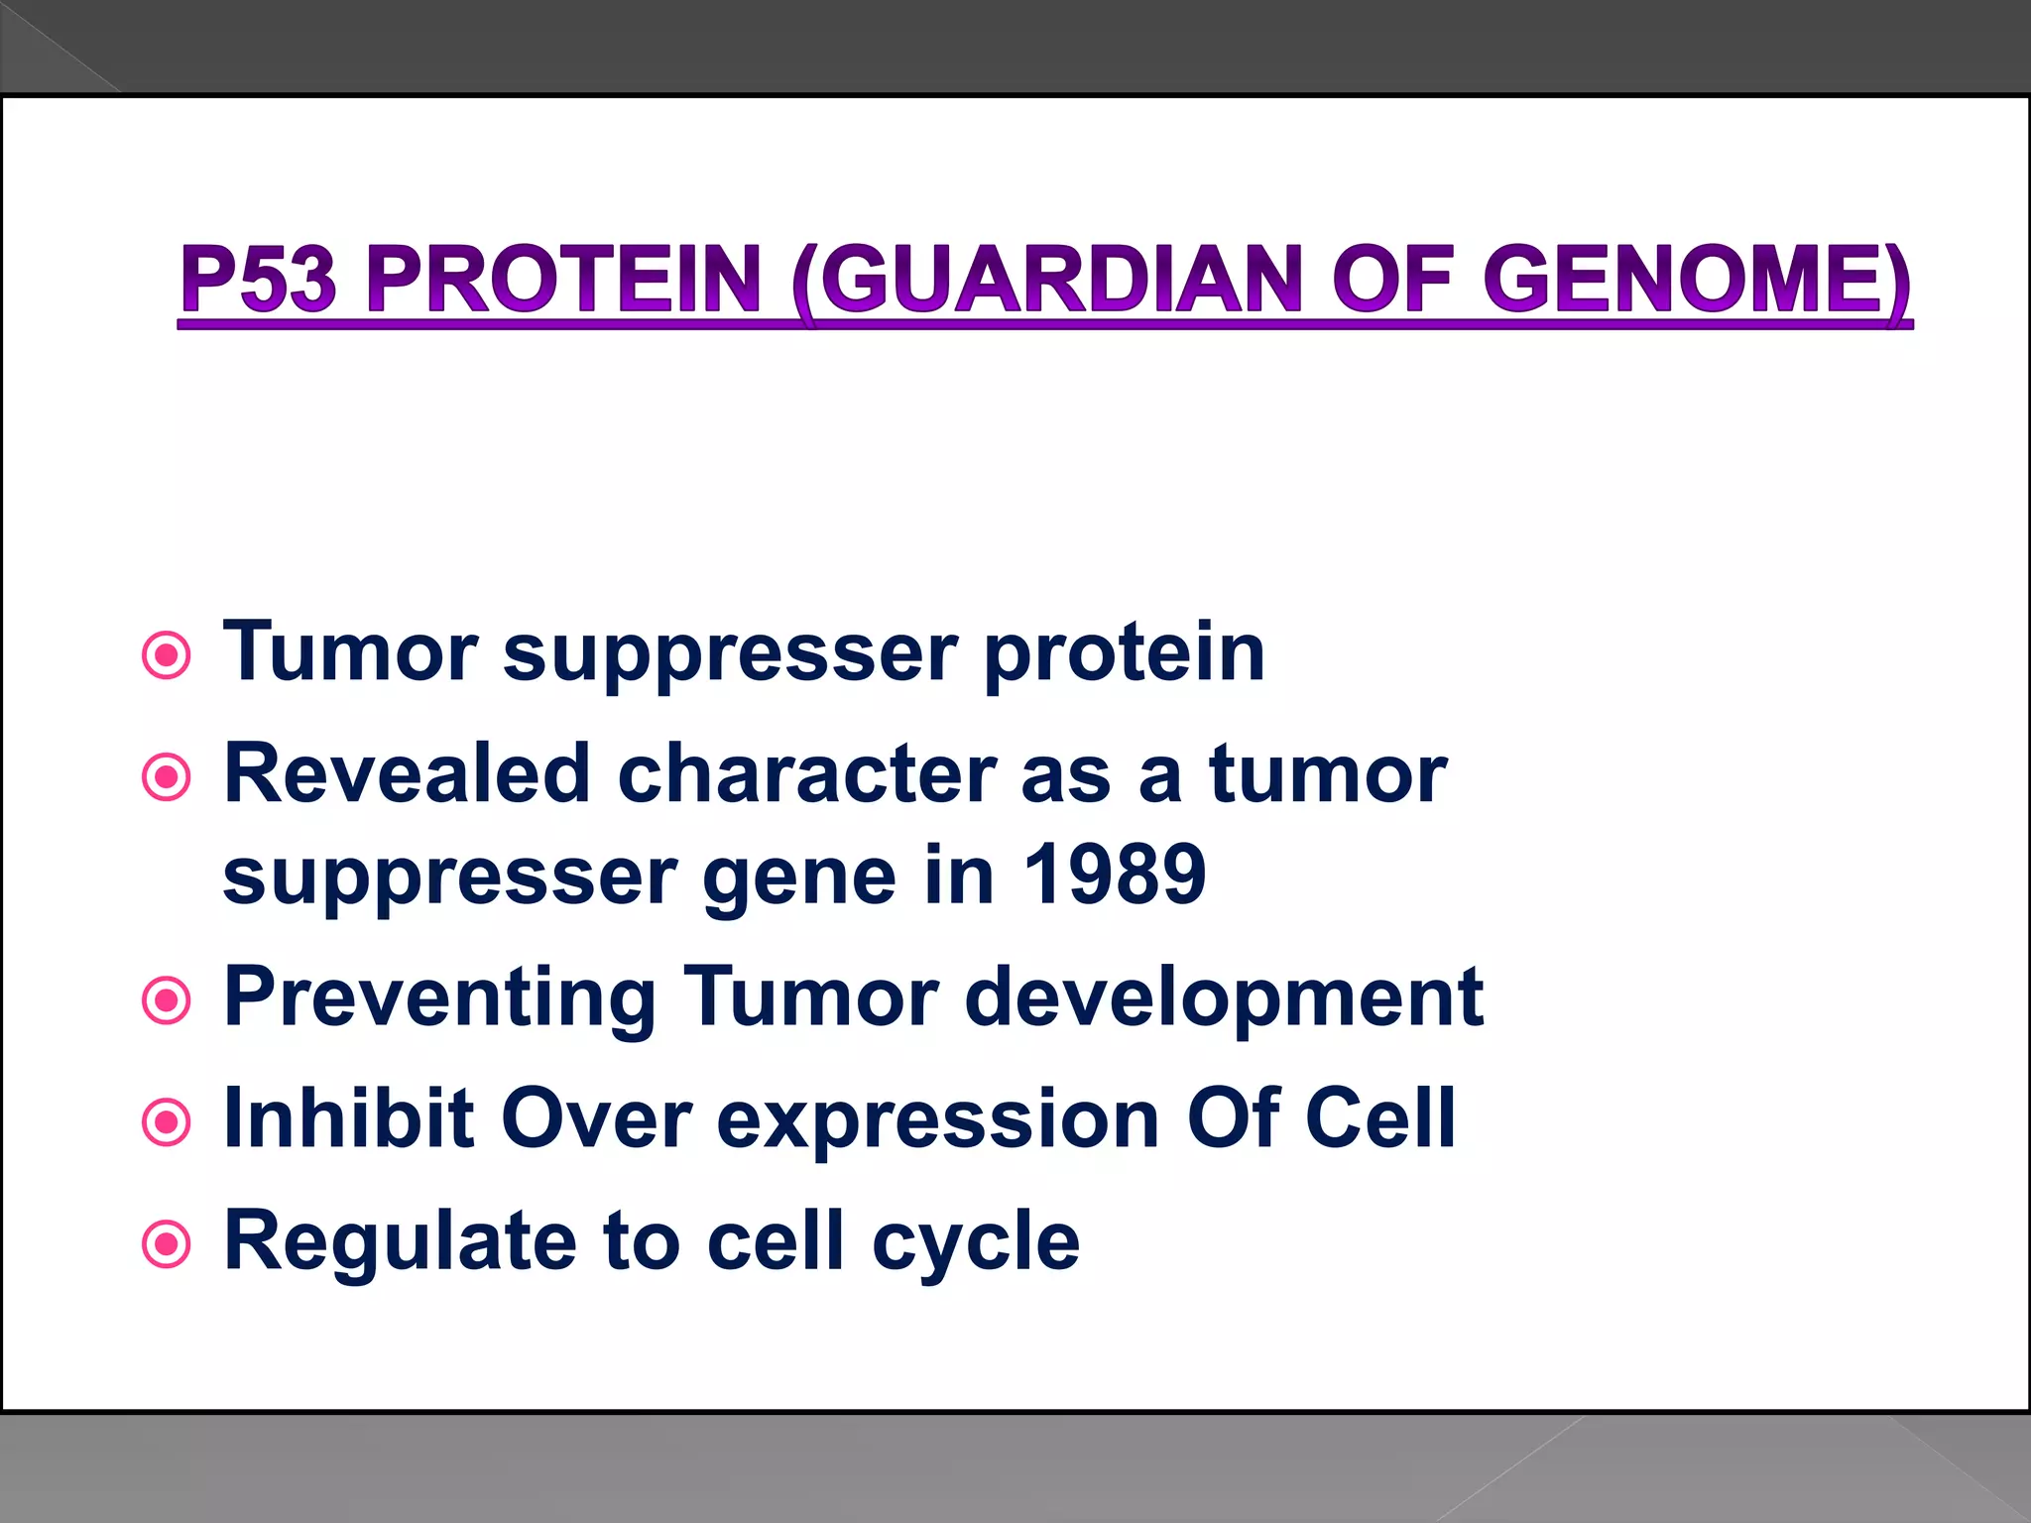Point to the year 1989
1115,875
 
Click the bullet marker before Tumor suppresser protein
167,655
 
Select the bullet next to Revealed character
167,777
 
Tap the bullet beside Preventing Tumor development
167,1000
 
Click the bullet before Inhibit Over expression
167,1122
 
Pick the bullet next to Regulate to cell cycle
167,1243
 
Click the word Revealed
408,774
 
